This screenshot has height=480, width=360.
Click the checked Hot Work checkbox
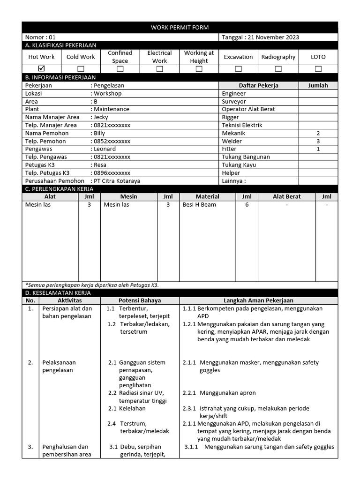click(41, 69)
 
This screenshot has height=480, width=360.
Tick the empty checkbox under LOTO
click(318, 69)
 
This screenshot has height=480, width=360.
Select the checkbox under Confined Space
click(120, 69)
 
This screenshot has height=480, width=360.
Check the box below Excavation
click(238, 69)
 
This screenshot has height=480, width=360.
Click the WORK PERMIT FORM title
click(180, 28)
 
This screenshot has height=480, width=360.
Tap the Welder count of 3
click(318, 141)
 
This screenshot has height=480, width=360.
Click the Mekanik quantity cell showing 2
click(318, 133)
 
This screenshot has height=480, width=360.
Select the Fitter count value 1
click(318, 149)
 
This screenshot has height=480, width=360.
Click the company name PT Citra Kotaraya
click(117, 181)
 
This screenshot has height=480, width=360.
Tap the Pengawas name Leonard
click(105, 149)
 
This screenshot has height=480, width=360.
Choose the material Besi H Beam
click(199, 205)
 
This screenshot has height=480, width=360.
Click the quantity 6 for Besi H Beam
click(247, 205)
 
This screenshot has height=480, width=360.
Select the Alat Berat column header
click(287, 197)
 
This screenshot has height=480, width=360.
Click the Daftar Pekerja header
click(259, 85)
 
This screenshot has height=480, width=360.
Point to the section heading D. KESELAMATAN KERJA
click(58, 293)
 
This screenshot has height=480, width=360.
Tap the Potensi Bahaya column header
click(140, 300)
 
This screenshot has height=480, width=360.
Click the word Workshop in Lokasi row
click(107, 93)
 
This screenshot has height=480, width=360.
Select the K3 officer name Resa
click(100, 165)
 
